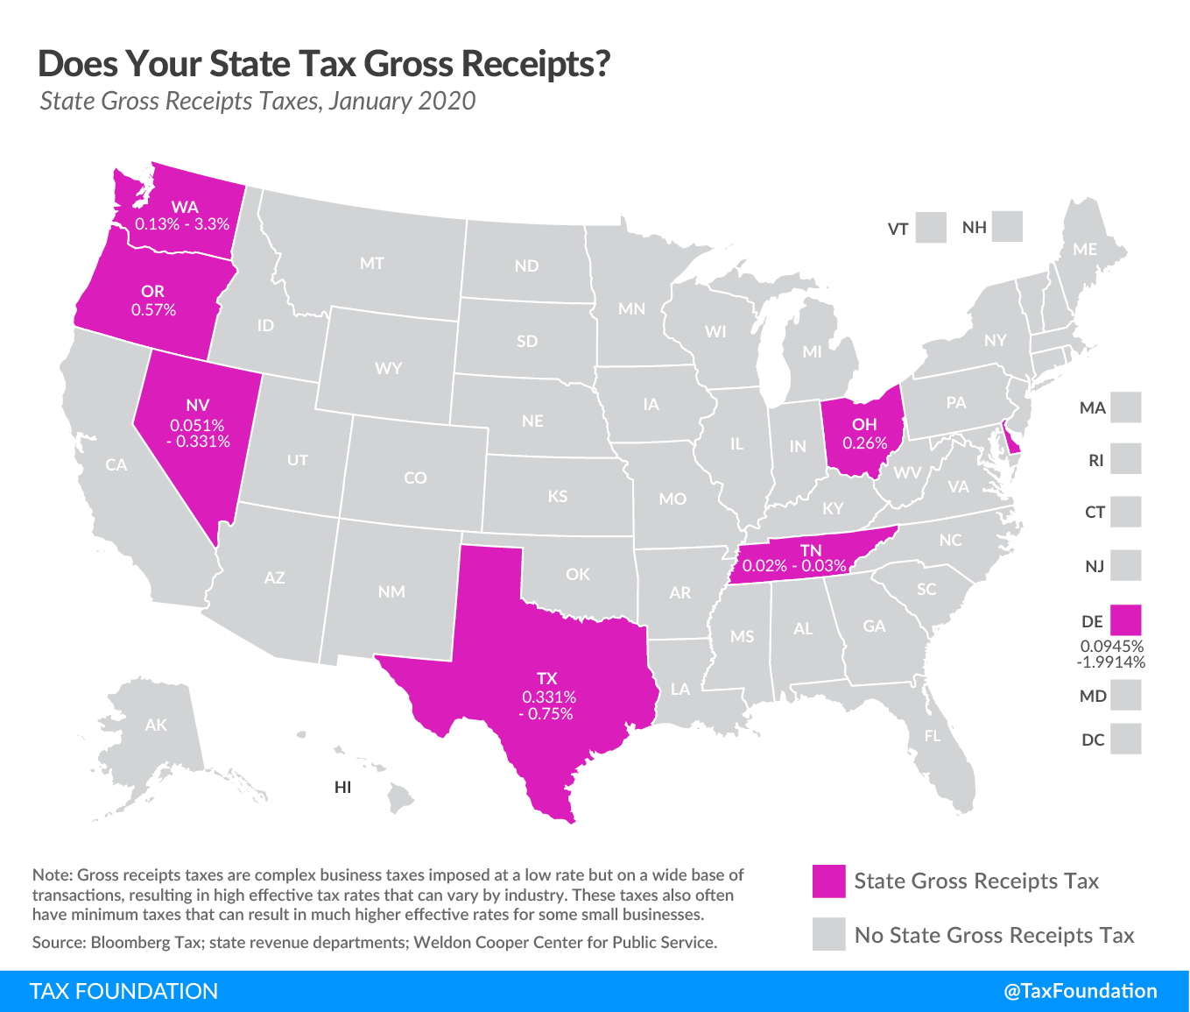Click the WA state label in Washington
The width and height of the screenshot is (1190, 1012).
[185, 208]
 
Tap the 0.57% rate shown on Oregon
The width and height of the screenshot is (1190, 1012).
[153, 310]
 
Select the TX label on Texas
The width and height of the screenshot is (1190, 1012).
[547, 678]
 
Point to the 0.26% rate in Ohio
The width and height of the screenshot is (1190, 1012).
[864, 443]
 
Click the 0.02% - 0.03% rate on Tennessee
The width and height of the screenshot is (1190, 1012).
[794, 566]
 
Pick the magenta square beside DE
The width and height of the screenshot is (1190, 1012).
[1125, 620]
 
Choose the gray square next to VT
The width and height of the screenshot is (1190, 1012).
[931, 228]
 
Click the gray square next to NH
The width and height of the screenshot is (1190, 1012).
[1008, 227]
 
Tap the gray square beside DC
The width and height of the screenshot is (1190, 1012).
[1125, 739]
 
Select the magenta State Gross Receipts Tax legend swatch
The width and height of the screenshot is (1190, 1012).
[828, 881]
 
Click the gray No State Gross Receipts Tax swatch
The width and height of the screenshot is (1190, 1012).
[828, 935]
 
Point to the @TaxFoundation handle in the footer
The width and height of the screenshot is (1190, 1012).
[1080, 991]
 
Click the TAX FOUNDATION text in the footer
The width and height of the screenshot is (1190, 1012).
[123, 991]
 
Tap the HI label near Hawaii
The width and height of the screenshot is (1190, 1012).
[342, 788]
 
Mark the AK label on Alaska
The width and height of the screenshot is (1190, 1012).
[156, 725]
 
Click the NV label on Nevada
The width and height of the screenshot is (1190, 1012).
[198, 405]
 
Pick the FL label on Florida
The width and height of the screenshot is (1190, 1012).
[933, 736]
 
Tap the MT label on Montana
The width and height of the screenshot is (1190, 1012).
[372, 263]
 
